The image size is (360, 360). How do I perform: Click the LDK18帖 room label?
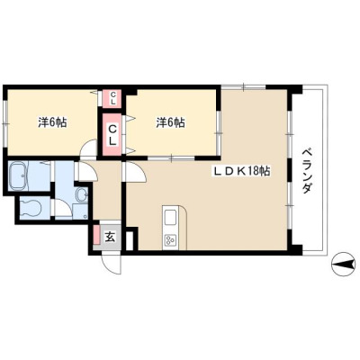[x=242, y=171]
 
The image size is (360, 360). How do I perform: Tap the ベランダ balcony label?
[x=307, y=170]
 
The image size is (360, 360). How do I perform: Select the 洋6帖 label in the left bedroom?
[x=52, y=122]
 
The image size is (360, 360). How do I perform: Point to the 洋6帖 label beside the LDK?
[x=170, y=122]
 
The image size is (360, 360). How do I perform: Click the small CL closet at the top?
[x=112, y=98]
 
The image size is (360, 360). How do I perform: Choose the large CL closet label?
[x=112, y=135]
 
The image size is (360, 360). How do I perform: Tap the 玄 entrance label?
[x=110, y=238]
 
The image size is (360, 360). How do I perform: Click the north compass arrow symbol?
[x=342, y=264]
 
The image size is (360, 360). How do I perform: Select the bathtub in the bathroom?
[x=18, y=175]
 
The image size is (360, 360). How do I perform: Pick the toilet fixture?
[x=31, y=208]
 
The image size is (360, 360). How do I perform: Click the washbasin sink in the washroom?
[x=81, y=195]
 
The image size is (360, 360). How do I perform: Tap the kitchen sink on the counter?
[x=171, y=217]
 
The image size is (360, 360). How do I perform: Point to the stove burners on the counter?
[x=170, y=240]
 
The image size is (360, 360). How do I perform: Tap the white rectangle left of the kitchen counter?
[x=129, y=240]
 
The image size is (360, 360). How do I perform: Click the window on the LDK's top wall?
[x=244, y=87]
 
